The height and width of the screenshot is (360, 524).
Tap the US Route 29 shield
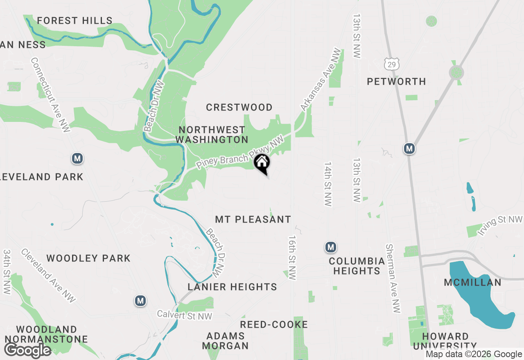(x=392, y=63)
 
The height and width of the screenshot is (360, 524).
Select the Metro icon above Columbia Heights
(x=331, y=247)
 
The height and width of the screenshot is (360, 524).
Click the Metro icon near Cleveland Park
(x=77, y=158)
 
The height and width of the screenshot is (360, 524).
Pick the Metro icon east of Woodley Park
(x=140, y=301)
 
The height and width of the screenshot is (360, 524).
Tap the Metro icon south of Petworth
(x=409, y=148)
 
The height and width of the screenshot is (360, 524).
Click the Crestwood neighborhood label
(x=239, y=108)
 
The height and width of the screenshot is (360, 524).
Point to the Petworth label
(x=396, y=82)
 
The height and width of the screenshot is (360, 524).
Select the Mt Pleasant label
(x=253, y=220)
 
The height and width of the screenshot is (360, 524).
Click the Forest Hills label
(x=75, y=20)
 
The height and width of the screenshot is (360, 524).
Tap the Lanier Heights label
(x=233, y=287)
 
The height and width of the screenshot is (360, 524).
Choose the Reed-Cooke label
(x=274, y=325)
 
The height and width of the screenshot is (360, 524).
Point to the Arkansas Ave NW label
(x=321, y=80)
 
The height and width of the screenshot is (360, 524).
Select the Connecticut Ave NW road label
(x=51, y=95)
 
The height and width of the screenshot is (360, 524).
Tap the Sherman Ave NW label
(x=393, y=279)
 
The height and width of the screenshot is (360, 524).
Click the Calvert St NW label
(x=185, y=315)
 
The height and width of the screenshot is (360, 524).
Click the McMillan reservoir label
(x=473, y=282)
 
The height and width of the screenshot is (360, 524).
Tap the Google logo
(x=28, y=351)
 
